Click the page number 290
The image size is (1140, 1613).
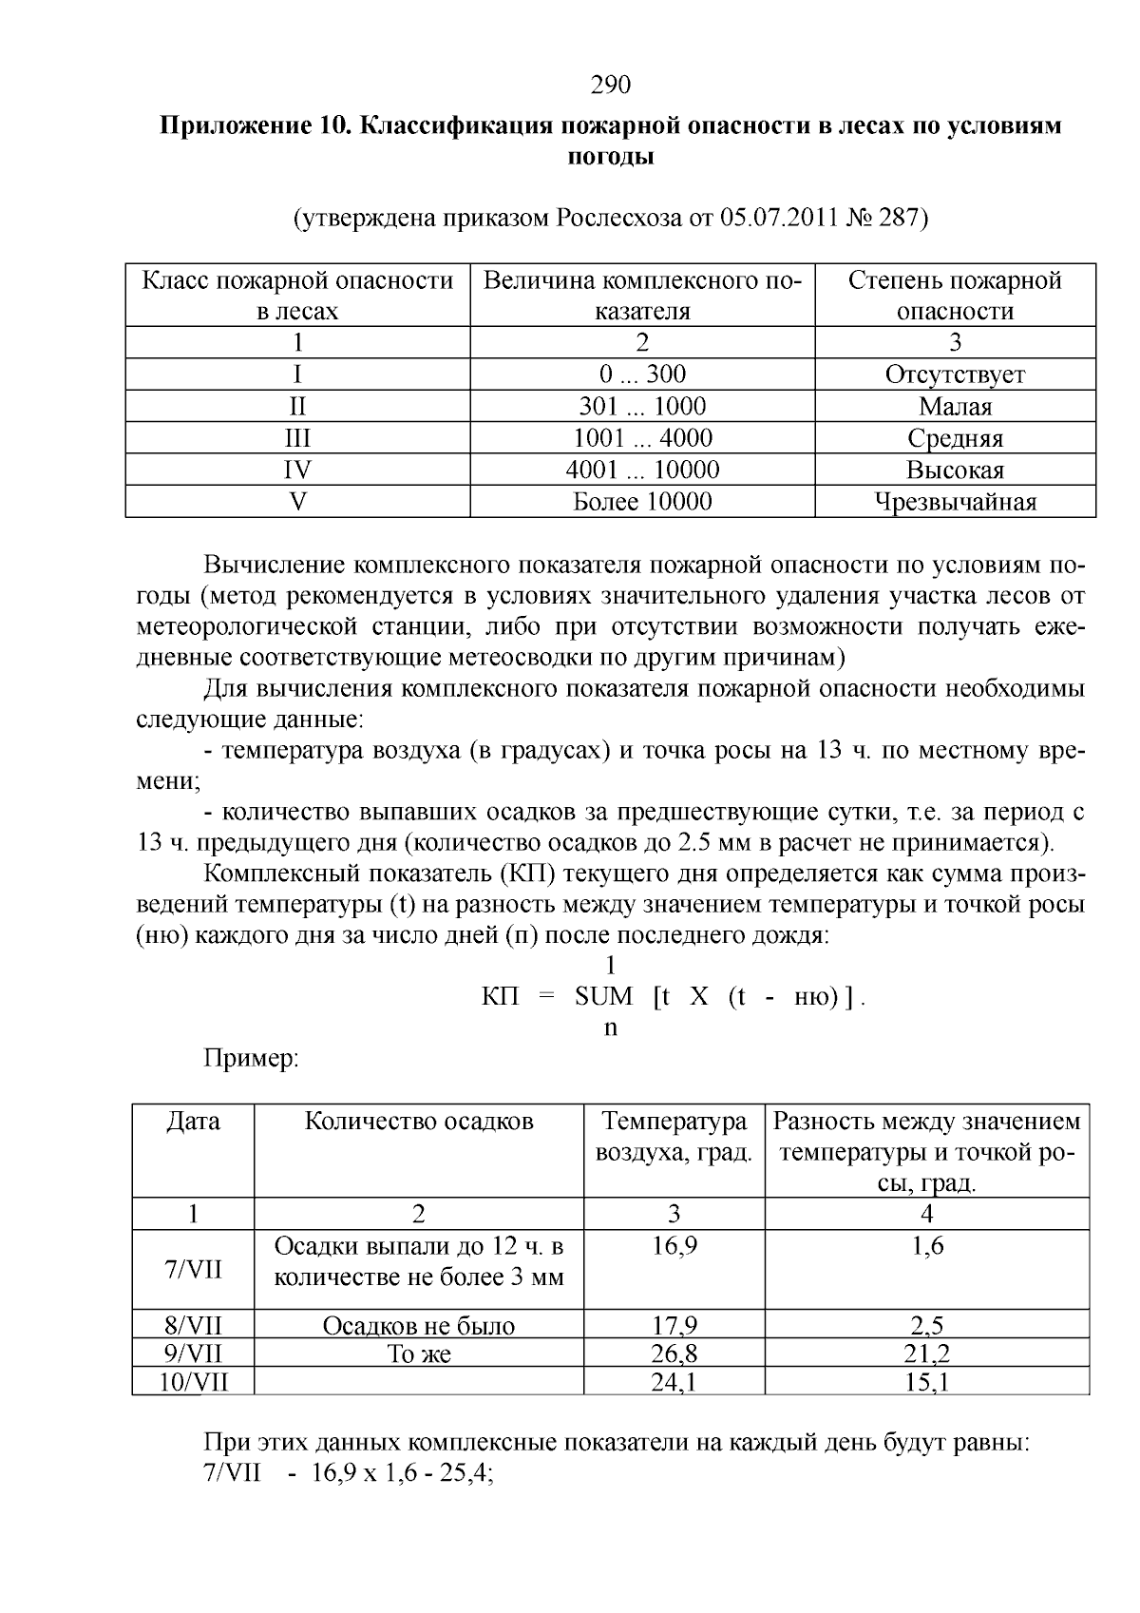pos(611,86)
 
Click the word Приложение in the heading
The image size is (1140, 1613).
pos(231,125)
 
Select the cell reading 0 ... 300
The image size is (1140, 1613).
pos(642,374)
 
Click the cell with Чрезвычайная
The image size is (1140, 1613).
pos(955,502)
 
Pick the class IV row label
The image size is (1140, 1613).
pos(297,470)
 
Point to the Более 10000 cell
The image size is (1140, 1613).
pos(642,502)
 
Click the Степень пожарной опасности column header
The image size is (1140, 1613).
pos(955,296)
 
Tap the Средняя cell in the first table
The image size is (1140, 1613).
pos(955,438)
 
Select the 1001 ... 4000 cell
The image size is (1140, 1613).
pos(642,438)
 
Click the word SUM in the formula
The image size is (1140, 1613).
pos(603,997)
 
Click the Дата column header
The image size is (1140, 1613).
pos(193,1122)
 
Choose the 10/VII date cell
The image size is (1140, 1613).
pos(193,1381)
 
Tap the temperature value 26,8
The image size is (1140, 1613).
pos(674,1354)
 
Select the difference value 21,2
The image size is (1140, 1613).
pos(926,1354)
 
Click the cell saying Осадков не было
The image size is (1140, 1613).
pos(418,1326)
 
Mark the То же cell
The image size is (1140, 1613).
pos(418,1354)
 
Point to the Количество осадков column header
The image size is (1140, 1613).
pos(418,1122)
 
